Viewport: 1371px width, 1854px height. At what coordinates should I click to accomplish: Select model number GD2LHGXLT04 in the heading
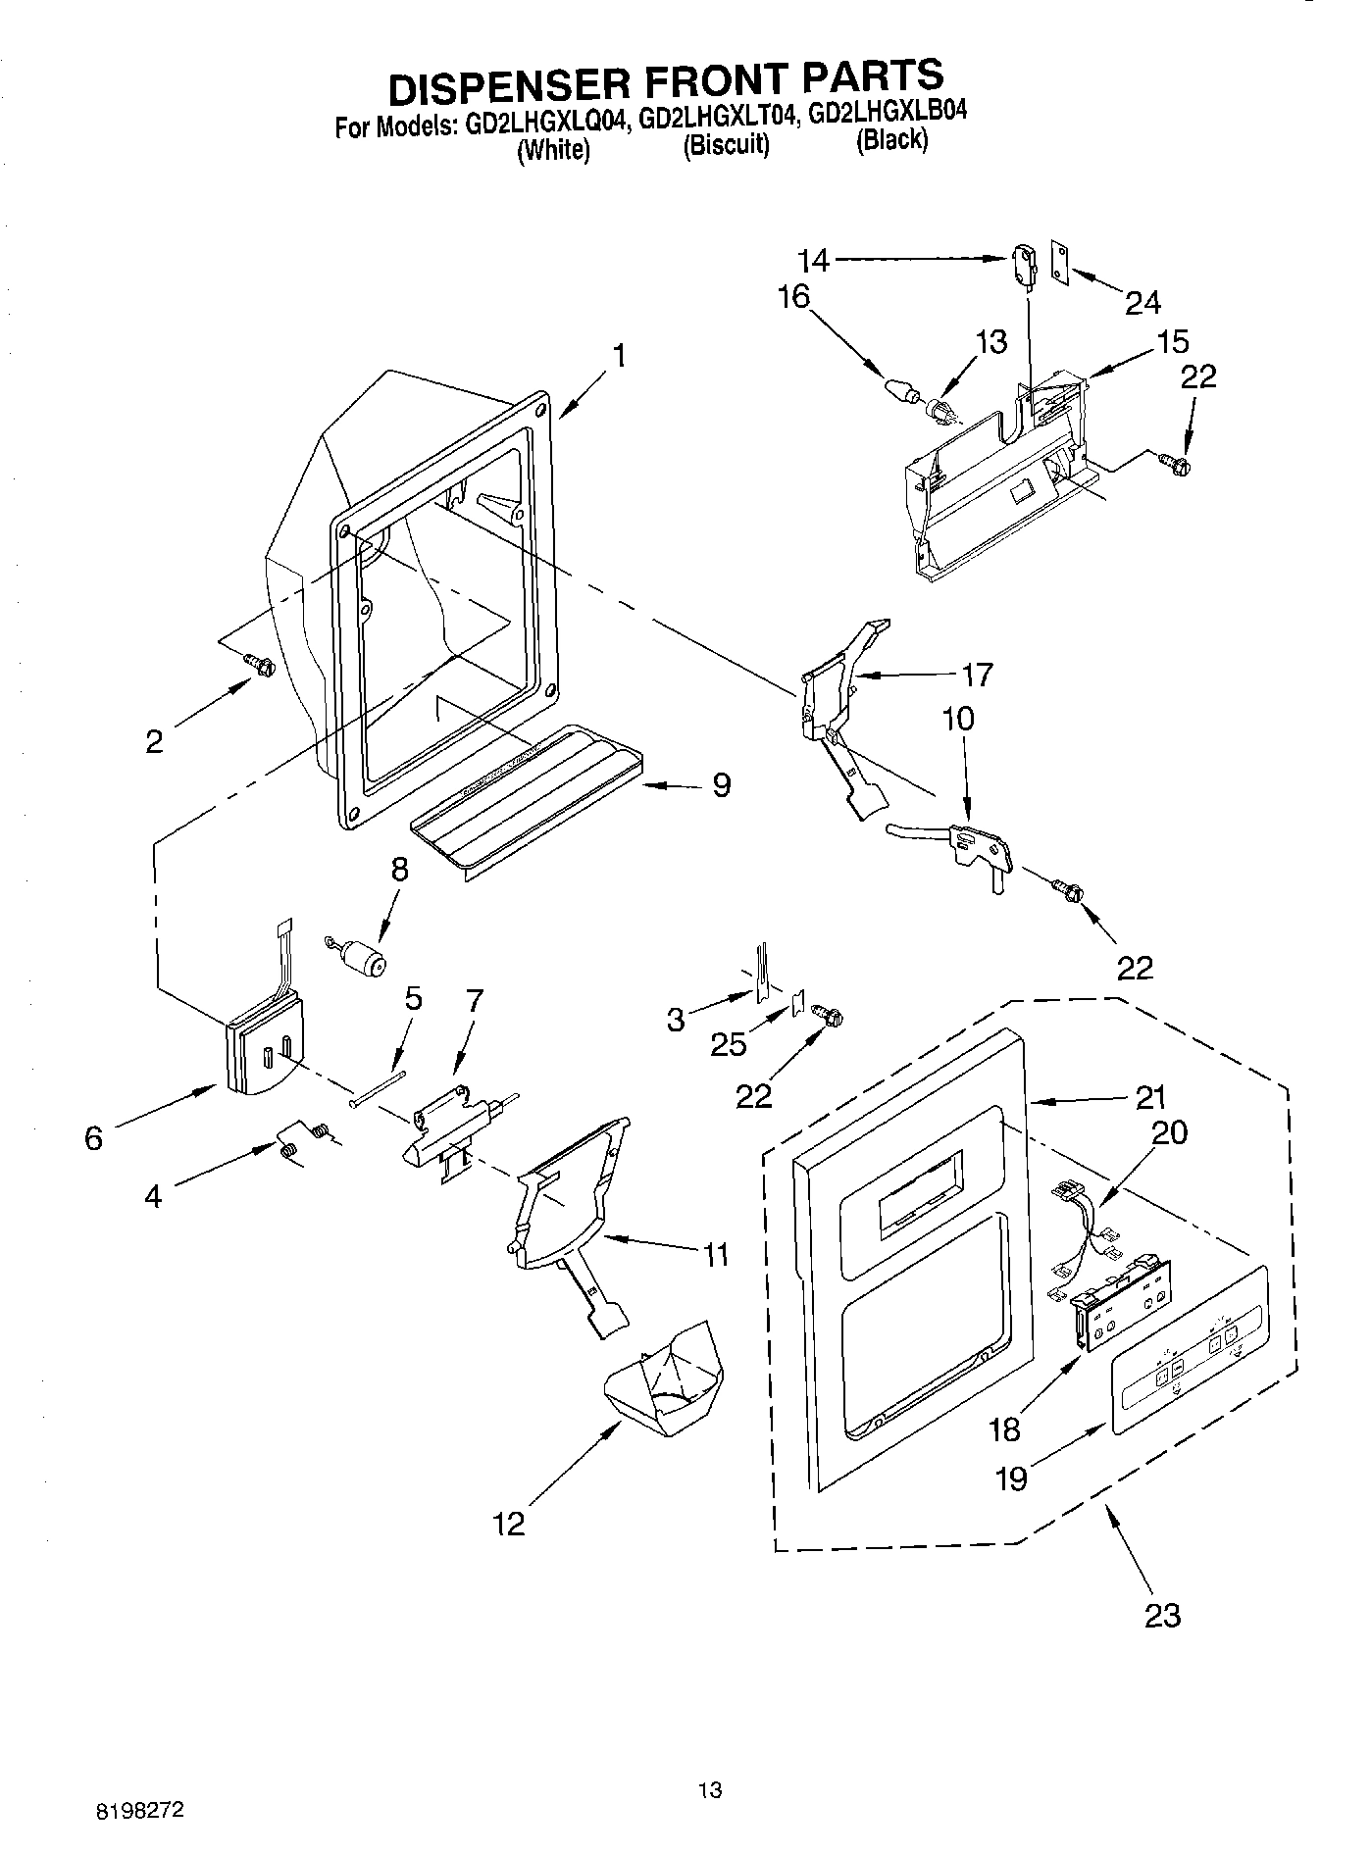(x=717, y=120)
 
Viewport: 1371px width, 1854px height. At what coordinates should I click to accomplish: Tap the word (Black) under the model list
(x=890, y=140)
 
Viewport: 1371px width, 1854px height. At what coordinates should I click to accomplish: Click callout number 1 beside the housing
(x=619, y=356)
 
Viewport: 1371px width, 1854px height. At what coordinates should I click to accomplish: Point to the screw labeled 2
(x=260, y=665)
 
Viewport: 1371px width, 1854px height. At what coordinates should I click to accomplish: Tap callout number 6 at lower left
(x=93, y=1138)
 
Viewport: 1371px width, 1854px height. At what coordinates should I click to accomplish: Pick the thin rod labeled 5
(x=377, y=1087)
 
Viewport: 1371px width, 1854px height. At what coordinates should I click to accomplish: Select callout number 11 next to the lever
(x=716, y=1254)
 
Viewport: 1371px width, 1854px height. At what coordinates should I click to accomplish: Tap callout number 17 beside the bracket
(x=977, y=675)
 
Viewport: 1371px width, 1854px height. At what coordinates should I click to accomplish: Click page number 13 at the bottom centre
(x=709, y=1789)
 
